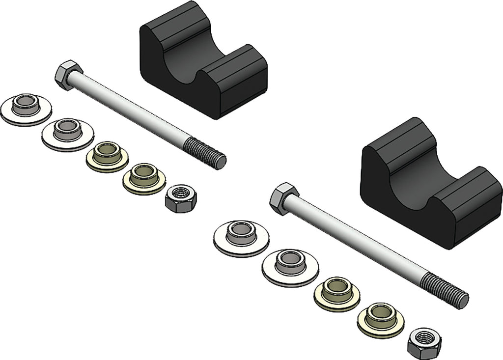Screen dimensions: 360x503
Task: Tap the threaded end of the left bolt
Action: (206, 152)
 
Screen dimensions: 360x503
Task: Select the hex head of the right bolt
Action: (284, 198)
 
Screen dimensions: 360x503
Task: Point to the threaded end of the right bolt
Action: (445, 290)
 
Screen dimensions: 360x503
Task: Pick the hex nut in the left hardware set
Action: (181, 198)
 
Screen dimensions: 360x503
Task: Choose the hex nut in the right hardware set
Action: (423, 342)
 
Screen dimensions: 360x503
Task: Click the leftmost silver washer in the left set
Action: (26, 110)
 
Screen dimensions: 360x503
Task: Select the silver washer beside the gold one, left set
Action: (67, 134)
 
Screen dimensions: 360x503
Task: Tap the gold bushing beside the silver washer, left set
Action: (107, 156)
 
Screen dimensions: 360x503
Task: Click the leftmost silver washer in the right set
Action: (241, 237)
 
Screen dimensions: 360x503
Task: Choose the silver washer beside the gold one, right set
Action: (290, 266)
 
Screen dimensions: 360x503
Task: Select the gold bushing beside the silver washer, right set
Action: (337, 293)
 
